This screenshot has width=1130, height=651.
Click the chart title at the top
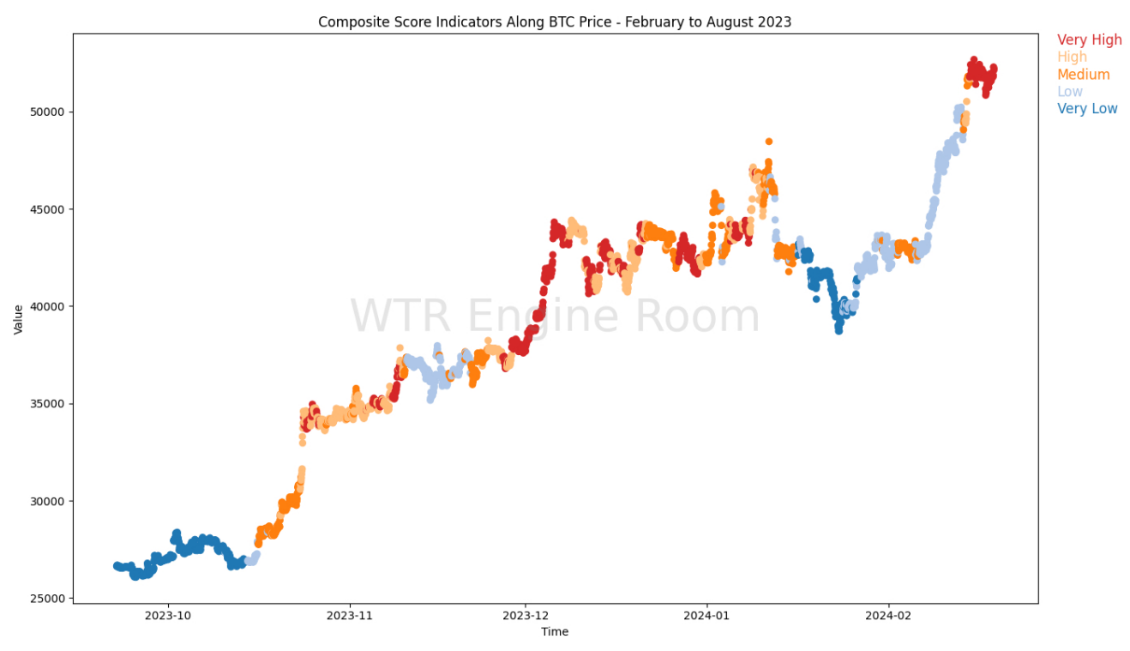(555, 21)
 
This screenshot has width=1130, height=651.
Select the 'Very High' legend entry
(1089, 40)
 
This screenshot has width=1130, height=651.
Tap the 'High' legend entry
(1072, 57)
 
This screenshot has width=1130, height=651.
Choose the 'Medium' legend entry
(1083, 75)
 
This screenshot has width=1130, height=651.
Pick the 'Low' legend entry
(1069, 92)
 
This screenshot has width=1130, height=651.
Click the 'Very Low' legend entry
(1087, 109)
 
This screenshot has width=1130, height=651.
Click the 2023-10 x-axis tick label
(168, 616)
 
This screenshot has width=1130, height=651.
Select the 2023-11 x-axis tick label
(349, 616)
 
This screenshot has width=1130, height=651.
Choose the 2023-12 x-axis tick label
(525, 616)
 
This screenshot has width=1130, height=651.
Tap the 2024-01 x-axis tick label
(706, 616)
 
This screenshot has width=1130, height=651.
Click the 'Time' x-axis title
(555, 632)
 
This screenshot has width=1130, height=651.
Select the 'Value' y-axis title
(18, 317)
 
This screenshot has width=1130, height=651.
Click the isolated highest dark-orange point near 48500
(769, 142)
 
